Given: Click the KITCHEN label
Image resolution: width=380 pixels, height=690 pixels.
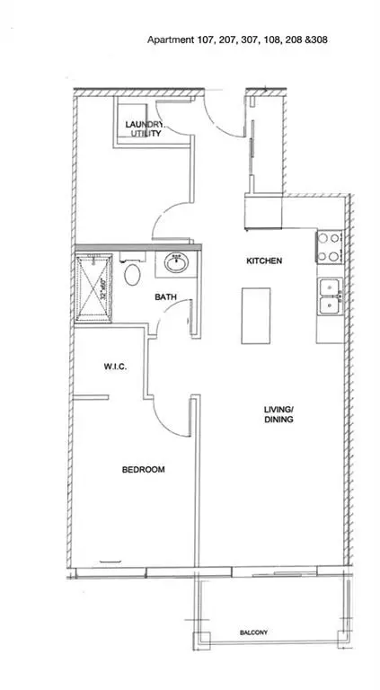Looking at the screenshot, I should [265, 261].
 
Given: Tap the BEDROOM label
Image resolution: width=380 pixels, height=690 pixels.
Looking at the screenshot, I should [144, 469].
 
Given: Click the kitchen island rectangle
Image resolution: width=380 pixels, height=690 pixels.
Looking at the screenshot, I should [254, 316].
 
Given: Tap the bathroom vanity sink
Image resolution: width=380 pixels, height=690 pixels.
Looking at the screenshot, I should [175, 264].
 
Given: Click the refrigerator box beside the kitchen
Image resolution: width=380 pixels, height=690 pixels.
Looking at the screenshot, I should [263, 214].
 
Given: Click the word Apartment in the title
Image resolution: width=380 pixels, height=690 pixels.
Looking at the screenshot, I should [172, 40].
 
